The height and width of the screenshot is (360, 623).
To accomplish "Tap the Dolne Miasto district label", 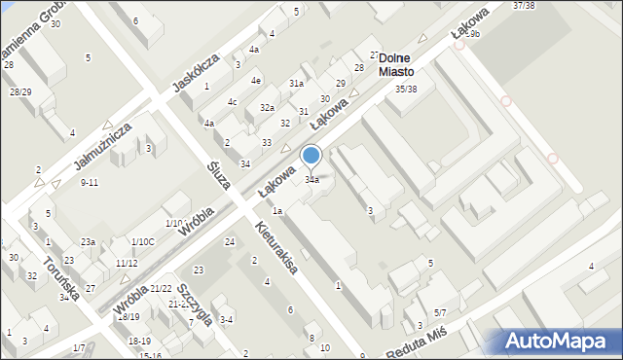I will coord(397,65).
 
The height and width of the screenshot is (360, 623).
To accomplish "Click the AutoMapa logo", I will coord(555,342).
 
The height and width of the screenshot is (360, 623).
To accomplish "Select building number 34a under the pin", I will coord(311,180).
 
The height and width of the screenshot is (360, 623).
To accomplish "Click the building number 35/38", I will coord(406,89).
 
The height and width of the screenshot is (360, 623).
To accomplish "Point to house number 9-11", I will coord(90,183).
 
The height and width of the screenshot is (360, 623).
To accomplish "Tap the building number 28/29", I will coord(20,91).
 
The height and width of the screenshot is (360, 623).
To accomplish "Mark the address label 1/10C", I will coord(142,241).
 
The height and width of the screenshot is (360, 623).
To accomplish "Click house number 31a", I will coord(296,85).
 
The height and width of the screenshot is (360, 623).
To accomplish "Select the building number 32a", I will coord(266,107).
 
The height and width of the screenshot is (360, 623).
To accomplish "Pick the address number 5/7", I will coord(440,312).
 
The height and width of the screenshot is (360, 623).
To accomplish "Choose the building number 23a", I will coord(88,241).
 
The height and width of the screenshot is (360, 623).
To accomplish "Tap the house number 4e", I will coord(256,80).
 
